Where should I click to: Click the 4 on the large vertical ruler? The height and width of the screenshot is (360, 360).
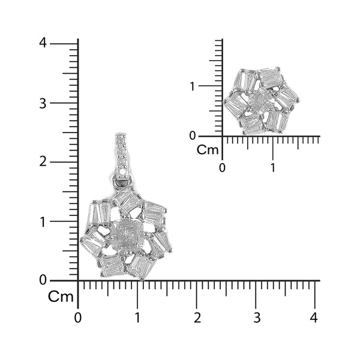click(43, 43)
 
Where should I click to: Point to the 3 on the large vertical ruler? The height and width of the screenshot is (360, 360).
click(43, 103)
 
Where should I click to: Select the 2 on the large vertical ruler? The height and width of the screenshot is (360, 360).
click(43, 162)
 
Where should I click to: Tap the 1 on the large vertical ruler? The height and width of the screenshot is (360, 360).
click(43, 221)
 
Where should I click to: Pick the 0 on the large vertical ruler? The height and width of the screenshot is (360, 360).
click(43, 280)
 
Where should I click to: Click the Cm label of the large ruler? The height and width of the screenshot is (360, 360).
click(61, 297)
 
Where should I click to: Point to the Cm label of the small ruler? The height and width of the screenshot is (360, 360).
click(208, 150)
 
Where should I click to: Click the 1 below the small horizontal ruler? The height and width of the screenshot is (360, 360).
click(273, 167)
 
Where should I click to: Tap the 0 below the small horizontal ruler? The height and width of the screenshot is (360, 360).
click(223, 167)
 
